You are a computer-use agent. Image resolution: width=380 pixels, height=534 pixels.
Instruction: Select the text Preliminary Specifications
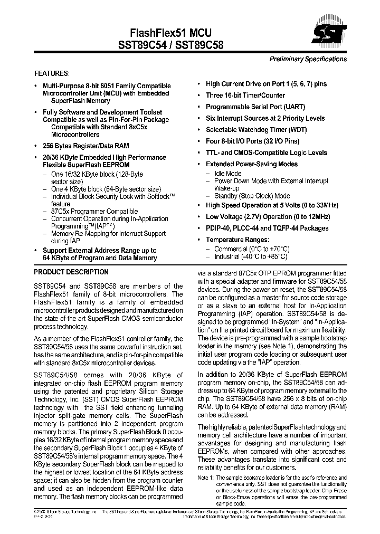(308, 59)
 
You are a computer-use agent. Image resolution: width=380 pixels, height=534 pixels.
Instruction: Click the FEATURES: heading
(52, 73)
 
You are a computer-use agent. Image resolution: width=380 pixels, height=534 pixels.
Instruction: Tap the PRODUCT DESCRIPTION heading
(71, 272)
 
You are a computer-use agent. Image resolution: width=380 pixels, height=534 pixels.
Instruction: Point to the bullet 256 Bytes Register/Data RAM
(85, 146)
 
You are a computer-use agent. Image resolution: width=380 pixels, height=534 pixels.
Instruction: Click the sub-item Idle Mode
(227, 173)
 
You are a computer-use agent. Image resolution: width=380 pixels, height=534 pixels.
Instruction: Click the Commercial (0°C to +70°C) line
(251, 249)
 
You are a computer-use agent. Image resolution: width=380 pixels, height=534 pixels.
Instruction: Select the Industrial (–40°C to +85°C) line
(250, 256)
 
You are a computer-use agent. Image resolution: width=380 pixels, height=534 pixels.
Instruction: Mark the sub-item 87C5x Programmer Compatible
(94, 212)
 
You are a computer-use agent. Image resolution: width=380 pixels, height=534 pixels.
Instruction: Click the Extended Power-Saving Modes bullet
(251, 164)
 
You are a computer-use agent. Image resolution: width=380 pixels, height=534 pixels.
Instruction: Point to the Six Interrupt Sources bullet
(265, 119)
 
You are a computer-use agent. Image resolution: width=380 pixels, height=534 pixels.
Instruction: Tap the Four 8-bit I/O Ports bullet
(252, 141)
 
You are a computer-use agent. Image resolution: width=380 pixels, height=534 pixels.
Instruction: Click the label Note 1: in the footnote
(206, 477)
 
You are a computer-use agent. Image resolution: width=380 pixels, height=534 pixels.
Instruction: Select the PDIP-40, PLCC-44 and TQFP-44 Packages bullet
(267, 228)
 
